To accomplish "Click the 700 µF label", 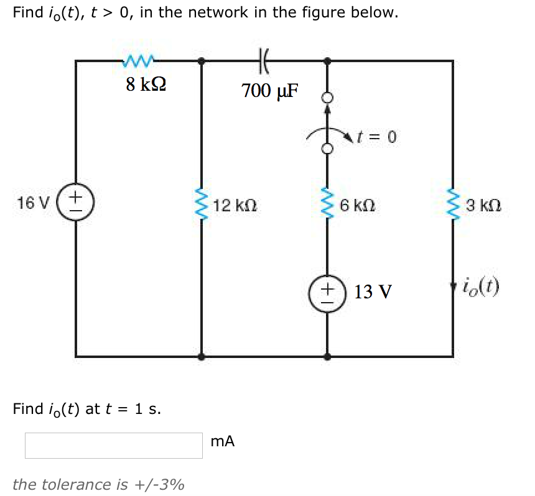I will pos(270,91).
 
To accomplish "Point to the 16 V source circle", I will pos(76,202).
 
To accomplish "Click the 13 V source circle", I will pos(327,291).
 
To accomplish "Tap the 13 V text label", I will pos(373,292).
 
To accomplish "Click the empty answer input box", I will pos(114,446).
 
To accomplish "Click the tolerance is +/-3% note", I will pos(98,484).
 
